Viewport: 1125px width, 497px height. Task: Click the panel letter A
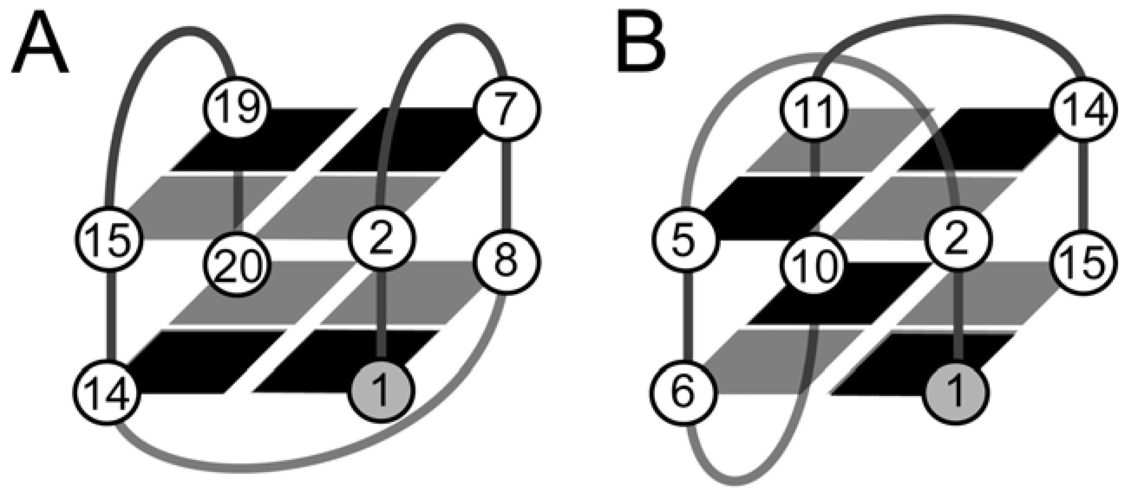pyautogui.click(x=39, y=44)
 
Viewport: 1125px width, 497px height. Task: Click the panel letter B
pyautogui.click(x=641, y=44)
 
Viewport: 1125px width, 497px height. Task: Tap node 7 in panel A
pyautogui.click(x=507, y=108)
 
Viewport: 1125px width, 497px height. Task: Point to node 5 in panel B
pyautogui.click(x=684, y=239)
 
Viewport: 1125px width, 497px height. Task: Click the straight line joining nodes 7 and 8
pyautogui.click(x=507, y=186)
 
